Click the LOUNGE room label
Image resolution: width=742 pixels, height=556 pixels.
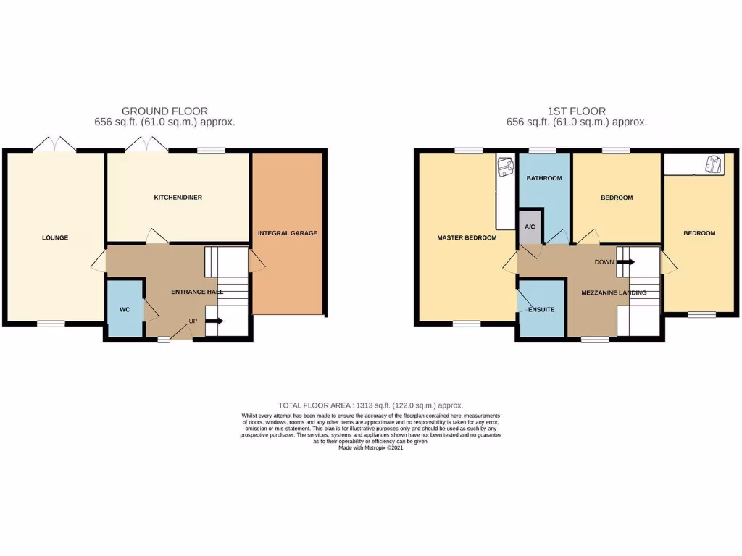pos(55,237)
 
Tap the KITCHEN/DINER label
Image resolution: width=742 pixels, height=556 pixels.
pos(178,198)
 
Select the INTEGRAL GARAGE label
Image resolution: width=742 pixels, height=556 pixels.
pos(288,233)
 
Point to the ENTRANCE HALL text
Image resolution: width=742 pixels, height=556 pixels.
pos(196,292)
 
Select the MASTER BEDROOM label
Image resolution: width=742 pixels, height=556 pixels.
pos(467,237)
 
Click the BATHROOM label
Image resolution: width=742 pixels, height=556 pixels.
pos(544,178)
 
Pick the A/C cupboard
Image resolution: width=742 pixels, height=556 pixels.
pos(530,227)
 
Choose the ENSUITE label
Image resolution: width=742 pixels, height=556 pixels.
pos(541,310)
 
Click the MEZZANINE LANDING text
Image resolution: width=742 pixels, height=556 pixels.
pos(614,293)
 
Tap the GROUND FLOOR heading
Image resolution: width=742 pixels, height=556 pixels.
pos(164,111)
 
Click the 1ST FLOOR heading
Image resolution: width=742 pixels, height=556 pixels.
pos(577,111)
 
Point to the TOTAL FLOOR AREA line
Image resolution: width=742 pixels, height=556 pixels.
pos(370,405)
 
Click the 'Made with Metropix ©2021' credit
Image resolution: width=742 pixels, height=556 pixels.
pos(370,448)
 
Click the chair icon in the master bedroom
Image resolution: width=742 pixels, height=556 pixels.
pos(504,168)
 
